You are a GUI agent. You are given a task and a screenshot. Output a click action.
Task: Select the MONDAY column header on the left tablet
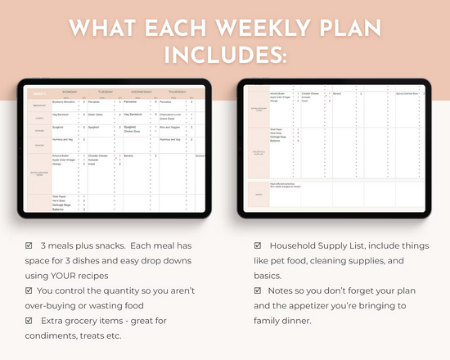click(65, 92)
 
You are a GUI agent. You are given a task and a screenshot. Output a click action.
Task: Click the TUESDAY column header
click(106, 92)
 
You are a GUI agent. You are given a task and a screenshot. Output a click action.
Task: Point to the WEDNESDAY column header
click(141, 92)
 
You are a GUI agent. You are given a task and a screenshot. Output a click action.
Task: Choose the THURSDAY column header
click(183, 92)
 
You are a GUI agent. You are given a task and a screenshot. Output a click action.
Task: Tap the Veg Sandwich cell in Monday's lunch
click(61, 115)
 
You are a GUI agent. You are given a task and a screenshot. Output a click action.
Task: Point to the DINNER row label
click(39, 129)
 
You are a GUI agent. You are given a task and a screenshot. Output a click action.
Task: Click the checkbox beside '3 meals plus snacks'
click(31, 245)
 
